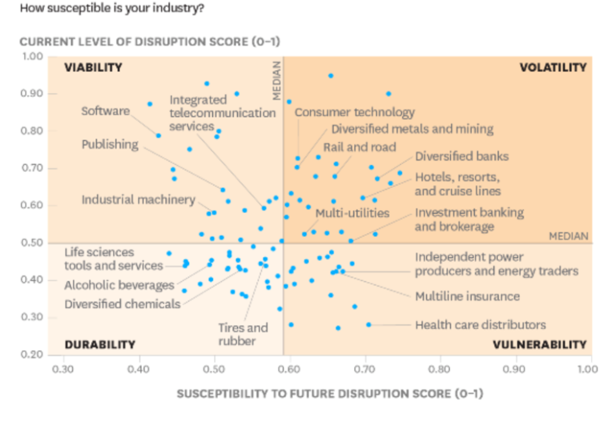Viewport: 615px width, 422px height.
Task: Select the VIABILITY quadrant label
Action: pyautogui.click(x=93, y=68)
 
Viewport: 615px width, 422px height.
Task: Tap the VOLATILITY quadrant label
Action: pyautogui.click(x=553, y=68)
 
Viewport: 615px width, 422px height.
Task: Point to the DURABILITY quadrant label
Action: pyautogui.click(x=99, y=344)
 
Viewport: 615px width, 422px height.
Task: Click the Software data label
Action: pyautogui.click(x=105, y=111)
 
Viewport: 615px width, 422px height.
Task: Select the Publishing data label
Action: pyautogui.click(x=110, y=145)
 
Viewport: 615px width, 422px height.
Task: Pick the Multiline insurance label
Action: pyautogui.click(x=467, y=296)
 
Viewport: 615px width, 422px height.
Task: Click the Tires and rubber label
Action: pyautogui.click(x=243, y=335)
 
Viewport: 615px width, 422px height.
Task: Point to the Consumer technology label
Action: pyautogui.click(x=355, y=113)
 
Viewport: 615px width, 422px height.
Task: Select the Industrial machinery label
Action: pyautogui.click(x=138, y=199)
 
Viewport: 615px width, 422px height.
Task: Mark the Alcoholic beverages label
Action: pyautogui.click(x=119, y=285)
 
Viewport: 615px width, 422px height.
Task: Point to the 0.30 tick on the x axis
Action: pyautogui.click(x=62, y=371)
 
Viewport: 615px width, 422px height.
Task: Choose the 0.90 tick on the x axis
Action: pyautogui.click(x=512, y=371)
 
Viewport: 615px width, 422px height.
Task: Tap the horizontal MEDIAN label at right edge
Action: pyautogui.click(x=569, y=236)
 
